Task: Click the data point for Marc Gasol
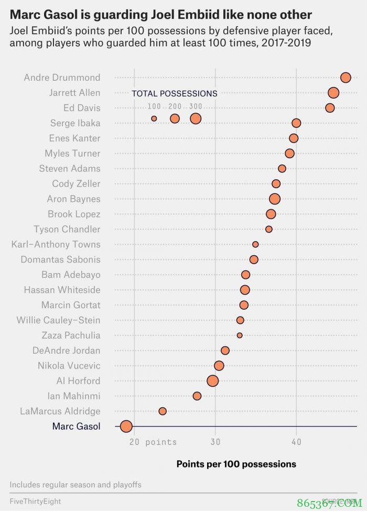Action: [x=126, y=426]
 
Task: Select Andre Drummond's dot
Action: [x=346, y=78]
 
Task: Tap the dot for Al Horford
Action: [x=212, y=381]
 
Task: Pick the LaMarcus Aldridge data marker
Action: [x=163, y=411]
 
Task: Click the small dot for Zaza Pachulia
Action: [x=240, y=335]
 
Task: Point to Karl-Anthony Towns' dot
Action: [x=255, y=244]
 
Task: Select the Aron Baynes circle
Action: [x=275, y=199]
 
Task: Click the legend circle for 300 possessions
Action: [x=196, y=118]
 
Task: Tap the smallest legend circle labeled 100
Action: [x=154, y=118]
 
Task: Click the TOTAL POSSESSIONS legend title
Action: [x=174, y=94]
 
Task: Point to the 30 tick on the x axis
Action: [x=215, y=442]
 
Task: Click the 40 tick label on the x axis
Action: [x=296, y=442]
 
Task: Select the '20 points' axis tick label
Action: [x=153, y=442]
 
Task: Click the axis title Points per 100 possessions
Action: [x=236, y=464]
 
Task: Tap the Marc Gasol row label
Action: [x=76, y=427]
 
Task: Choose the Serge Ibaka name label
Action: [x=75, y=123]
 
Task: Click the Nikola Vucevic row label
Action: [x=69, y=366]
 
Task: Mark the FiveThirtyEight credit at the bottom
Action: [x=35, y=502]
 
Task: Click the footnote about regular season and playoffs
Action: [x=75, y=485]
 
